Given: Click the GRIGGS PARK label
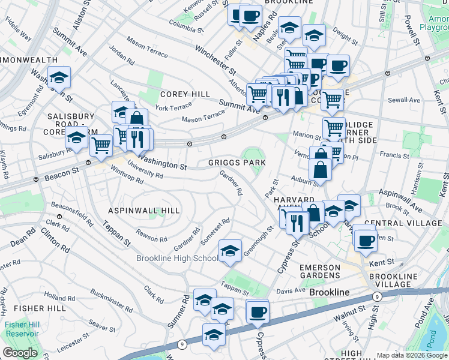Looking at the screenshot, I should coord(237,163).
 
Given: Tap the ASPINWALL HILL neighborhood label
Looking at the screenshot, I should coord(143,211).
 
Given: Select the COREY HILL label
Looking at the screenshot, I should coord(185,94).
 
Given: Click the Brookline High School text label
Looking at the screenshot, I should coord(177,258).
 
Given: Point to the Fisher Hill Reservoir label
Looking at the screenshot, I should coord(22,329).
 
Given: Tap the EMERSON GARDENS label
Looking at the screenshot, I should coord(320,271).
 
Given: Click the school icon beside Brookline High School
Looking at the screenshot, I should coord(229,251).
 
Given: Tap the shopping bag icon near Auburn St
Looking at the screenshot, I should coord(321,170).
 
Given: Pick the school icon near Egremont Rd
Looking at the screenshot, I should coord(59,77).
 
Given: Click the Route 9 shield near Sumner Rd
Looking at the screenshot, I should coord(181,344).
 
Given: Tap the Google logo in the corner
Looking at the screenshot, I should coord(20,353).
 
